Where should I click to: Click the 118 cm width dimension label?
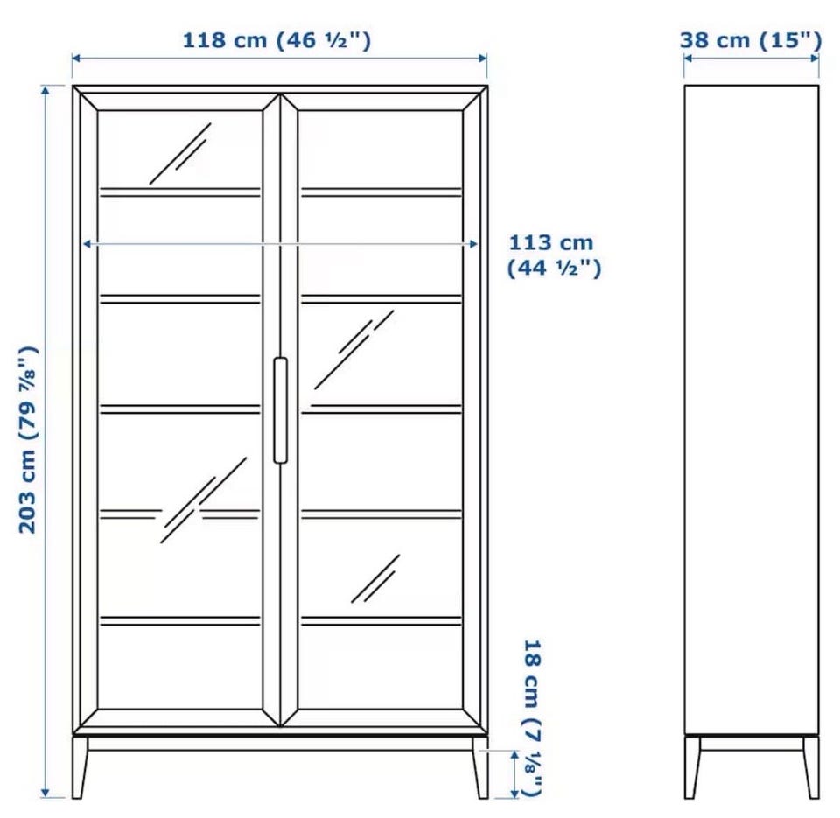(x=276, y=41)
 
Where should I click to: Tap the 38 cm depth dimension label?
(x=751, y=41)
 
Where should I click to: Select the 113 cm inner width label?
(x=554, y=255)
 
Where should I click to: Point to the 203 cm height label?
(x=28, y=439)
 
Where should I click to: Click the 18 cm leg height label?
(x=532, y=717)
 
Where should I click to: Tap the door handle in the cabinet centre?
(x=280, y=410)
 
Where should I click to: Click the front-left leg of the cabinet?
(x=80, y=768)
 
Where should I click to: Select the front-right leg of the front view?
(x=480, y=768)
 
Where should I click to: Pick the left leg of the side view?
(x=691, y=768)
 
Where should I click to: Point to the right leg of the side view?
(x=811, y=768)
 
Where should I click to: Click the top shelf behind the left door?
(x=180, y=192)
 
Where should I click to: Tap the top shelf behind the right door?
(x=381, y=192)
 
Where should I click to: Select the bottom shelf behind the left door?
(x=180, y=621)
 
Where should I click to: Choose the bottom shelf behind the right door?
(x=381, y=621)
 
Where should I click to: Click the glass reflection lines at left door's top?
(x=181, y=154)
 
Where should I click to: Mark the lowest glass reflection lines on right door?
(x=375, y=578)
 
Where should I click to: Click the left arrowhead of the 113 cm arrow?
(x=87, y=244)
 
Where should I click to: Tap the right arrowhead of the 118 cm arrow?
(x=483, y=58)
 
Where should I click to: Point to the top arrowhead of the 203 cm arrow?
(x=45, y=90)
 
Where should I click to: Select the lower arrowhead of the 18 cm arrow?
(x=514, y=793)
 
